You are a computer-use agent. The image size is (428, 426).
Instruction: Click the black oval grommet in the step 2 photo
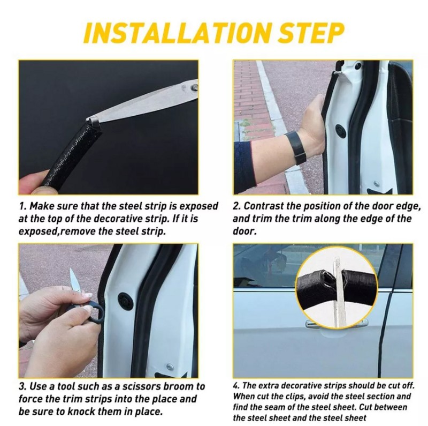(340, 131)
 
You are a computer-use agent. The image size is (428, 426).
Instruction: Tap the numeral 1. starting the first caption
(22, 206)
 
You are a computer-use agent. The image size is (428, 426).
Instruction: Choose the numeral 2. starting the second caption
(236, 206)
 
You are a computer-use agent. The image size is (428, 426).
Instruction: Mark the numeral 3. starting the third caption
(22, 386)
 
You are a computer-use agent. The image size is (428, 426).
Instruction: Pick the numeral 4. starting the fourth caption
(236, 385)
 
